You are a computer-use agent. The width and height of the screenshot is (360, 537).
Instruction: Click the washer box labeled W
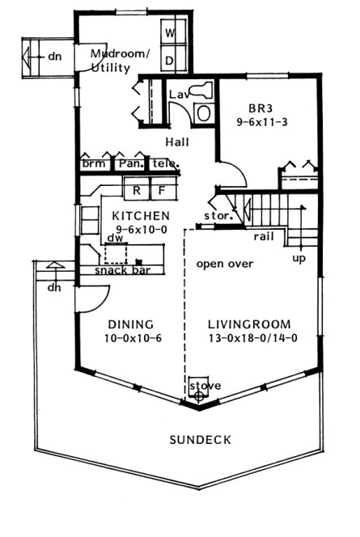(171, 33)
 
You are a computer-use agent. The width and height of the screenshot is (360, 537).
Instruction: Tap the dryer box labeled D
(171, 60)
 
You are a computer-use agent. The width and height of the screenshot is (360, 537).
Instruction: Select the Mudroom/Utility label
(120, 61)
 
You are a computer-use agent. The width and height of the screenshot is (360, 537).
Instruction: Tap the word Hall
(177, 142)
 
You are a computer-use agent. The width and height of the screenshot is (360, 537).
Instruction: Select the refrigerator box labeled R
(137, 191)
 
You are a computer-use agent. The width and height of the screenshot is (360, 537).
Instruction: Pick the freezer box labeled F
(161, 191)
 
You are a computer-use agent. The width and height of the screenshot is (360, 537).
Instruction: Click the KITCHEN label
(141, 215)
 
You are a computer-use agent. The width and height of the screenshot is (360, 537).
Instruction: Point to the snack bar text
(120, 270)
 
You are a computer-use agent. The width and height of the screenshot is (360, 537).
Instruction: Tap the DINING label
(129, 323)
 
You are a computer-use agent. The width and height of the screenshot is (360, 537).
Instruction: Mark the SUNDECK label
(200, 440)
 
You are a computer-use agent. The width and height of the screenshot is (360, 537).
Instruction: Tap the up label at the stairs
(299, 259)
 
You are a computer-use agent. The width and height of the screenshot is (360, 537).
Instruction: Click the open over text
(225, 264)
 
